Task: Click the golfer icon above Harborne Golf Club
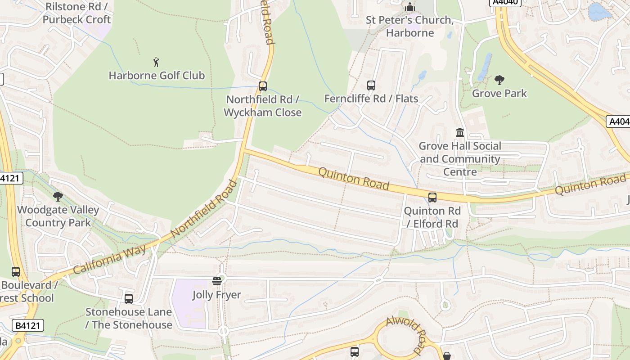point(156,62)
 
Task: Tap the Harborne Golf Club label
point(157,76)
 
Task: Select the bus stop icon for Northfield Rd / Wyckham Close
point(263,86)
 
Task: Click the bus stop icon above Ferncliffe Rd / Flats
point(371,85)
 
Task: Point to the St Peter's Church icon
point(409,7)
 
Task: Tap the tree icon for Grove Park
point(499,80)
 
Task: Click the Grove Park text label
point(499,94)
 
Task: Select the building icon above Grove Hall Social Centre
point(460,132)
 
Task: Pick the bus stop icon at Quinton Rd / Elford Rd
point(432,197)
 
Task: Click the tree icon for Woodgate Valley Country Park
point(58,196)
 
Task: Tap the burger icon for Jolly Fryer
point(217,281)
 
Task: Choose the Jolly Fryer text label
point(217,295)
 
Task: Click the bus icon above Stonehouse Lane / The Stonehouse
point(129,298)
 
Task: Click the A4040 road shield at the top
point(505,2)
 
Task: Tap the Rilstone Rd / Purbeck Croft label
point(77,13)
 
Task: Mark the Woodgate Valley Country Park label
point(58,216)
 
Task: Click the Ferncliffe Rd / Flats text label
point(371,99)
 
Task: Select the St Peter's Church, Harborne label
point(409,27)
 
